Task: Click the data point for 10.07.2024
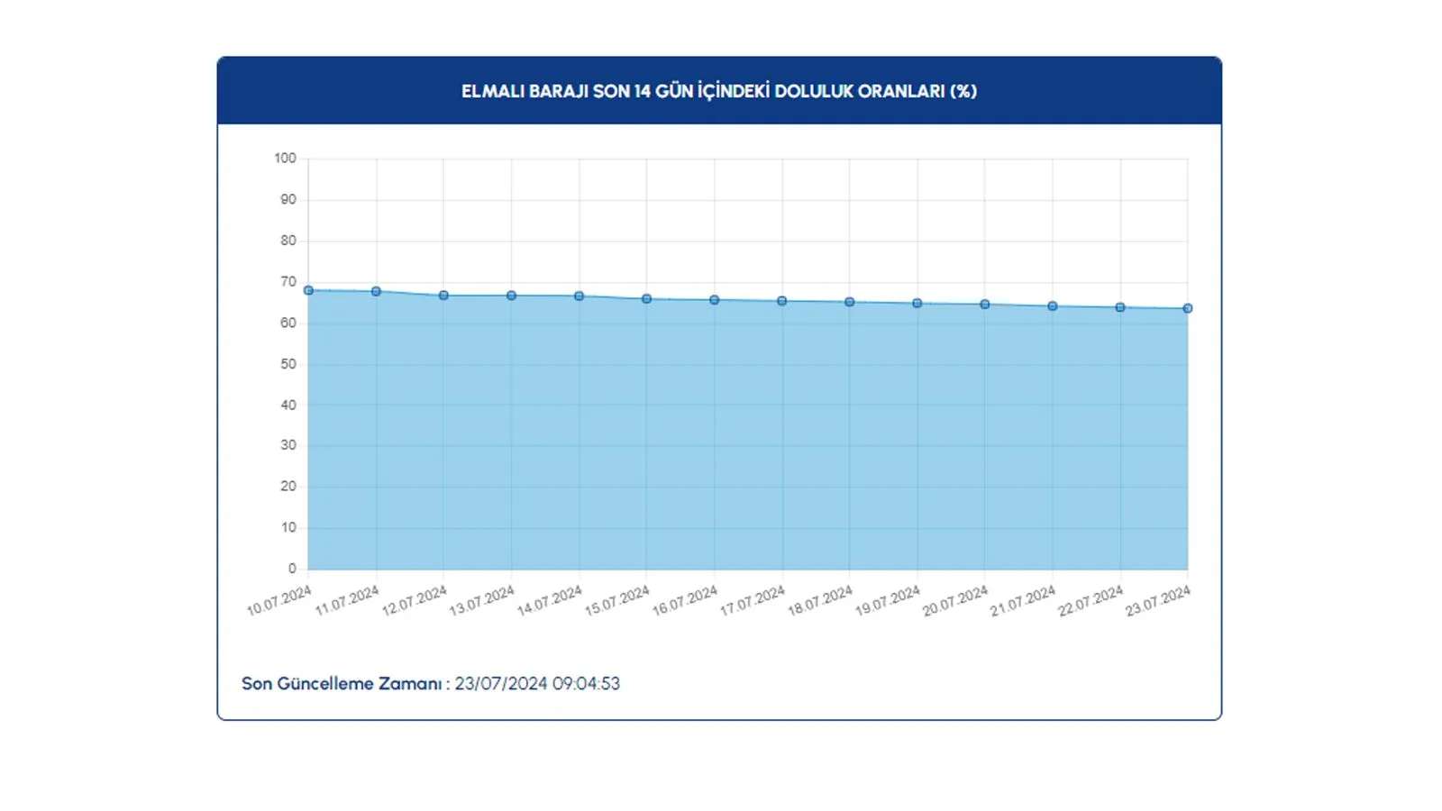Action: point(308,291)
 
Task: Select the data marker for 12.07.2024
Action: point(443,296)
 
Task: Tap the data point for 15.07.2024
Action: point(646,299)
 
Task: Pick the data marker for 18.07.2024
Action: point(850,303)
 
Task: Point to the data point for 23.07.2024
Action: point(1188,308)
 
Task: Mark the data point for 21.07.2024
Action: point(1053,306)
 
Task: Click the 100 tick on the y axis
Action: point(285,159)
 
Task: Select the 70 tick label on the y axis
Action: point(287,282)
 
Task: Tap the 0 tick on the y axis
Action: point(292,569)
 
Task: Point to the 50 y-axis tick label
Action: point(287,364)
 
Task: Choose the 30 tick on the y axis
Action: point(287,445)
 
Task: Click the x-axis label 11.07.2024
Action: point(347,601)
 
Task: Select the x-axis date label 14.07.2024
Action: point(550,601)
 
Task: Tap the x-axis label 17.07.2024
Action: point(753,601)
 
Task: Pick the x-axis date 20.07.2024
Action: point(955,601)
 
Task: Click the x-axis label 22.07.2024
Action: point(1091,601)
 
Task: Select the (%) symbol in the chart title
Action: point(963,92)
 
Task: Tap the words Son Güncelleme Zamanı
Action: point(342,684)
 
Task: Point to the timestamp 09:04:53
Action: point(586,684)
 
